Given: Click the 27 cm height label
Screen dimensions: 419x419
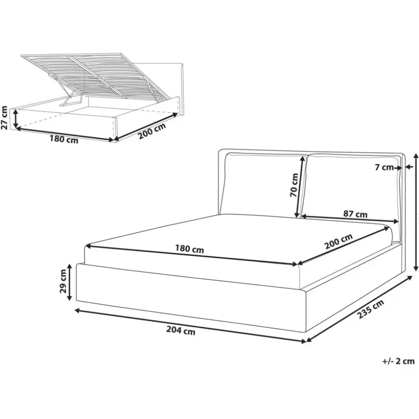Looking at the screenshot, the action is click(x=5, y=118).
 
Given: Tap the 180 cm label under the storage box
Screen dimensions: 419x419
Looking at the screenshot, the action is click(x=64, y=139).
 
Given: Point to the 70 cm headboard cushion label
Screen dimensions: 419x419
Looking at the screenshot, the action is click(x=294, y=185).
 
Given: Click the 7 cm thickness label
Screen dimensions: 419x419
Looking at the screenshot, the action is click(x=384, y=167).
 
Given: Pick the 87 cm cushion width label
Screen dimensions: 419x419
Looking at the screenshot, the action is click(x=355, y=214).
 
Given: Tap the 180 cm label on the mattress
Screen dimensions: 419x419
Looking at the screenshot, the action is click(x=190, y=249).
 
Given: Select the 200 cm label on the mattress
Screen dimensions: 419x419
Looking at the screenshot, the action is click(x=338, y=241).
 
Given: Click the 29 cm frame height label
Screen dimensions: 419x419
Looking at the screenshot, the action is click(x=64, y=281).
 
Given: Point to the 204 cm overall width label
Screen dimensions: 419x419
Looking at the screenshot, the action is click(x=181, y=331).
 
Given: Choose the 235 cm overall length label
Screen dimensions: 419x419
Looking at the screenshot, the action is click(x=371, y=309).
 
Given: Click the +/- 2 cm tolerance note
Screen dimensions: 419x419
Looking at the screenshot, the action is click(x=398, y=361).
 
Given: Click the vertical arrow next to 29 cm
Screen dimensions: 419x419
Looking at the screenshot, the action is click(x=70, y=282).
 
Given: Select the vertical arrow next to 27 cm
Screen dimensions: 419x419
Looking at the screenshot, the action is click(x=16, y=119).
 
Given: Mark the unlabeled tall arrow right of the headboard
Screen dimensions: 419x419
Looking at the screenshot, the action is click(x=416, y=212).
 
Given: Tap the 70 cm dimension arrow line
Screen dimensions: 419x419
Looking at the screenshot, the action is click(x=299, y=187).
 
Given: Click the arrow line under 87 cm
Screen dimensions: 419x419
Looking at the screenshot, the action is click(x=350, y=219).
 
